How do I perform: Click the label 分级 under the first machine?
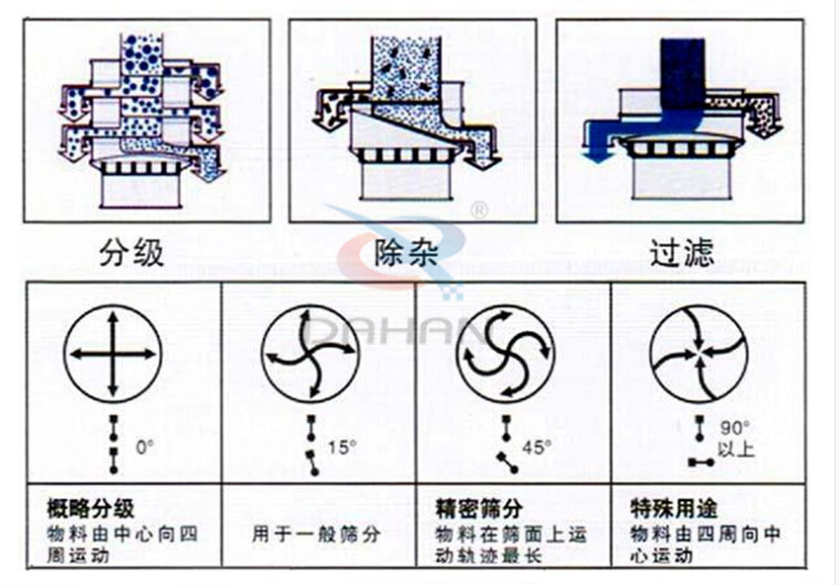(x=132, y=255)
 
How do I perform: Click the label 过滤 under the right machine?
(x=681, y=255)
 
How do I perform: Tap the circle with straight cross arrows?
(x=113, y=355)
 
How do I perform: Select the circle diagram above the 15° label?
(x=310, y=355)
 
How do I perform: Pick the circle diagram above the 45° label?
(x=506, y=355)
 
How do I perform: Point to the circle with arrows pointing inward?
(x=700, y=355)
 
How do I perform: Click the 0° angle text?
(x=145, y=447)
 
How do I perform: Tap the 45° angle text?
(x=536, y=447)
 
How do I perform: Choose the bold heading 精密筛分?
(x=478, y=510)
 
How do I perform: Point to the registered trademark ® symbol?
(x=479, y=210)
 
